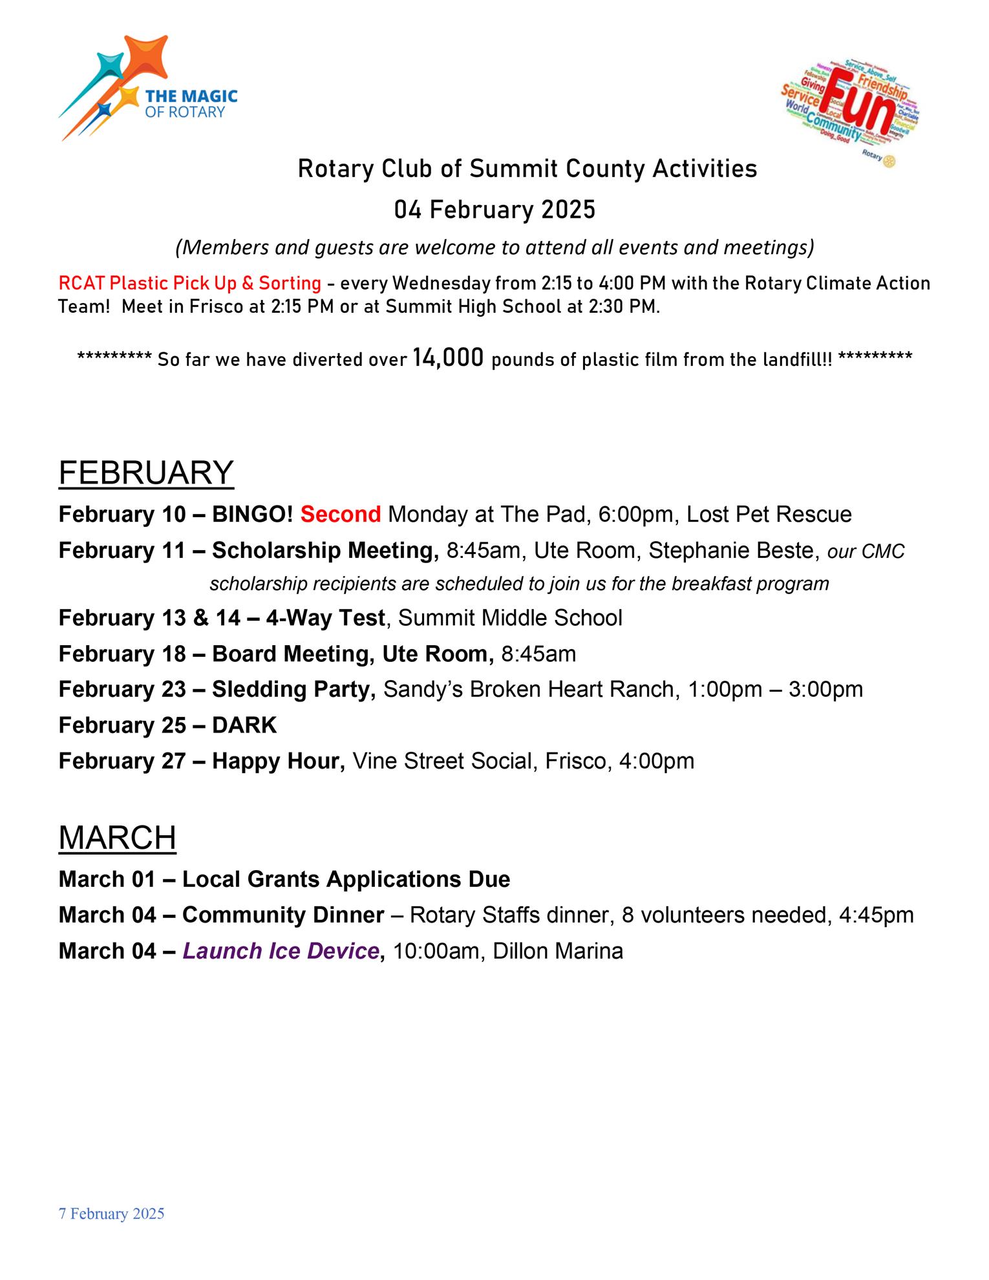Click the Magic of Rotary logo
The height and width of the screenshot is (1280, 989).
click(148, 89)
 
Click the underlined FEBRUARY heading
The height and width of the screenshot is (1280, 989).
click(146, 473)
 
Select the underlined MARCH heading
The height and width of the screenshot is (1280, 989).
click(117, 838)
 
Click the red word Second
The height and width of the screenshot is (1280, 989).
click(341, 515)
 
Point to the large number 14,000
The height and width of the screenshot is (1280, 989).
click(448, 357)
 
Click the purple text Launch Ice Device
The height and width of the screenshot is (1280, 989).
click(281, 951)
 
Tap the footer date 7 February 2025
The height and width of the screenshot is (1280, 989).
click(111, 1214)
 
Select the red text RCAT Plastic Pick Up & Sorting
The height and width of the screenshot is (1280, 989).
click(189, 283)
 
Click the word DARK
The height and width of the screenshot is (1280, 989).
click(244, 725)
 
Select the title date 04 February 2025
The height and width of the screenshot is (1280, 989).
click(494, 210)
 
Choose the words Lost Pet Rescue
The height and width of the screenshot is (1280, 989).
click(769, 515)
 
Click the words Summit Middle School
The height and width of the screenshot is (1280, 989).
click(510, 618)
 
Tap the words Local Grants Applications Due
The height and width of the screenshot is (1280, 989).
click(346, 879)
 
